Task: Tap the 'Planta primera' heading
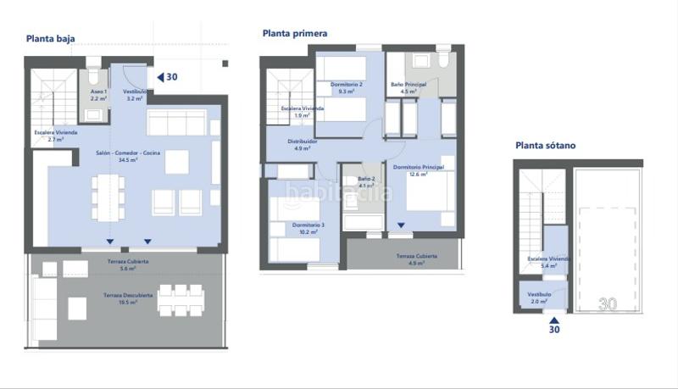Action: point(295,34)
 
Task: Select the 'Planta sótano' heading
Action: point(545,146)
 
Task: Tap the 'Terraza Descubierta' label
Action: point(128,295)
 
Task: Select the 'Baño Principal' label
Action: point(408,85)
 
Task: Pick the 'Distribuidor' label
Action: point(303,142)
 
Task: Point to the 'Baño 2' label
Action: point(365,179)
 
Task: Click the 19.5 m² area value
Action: point(129,303)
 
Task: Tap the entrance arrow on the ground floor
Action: point(158,77)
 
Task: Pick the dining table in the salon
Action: point(108,195)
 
